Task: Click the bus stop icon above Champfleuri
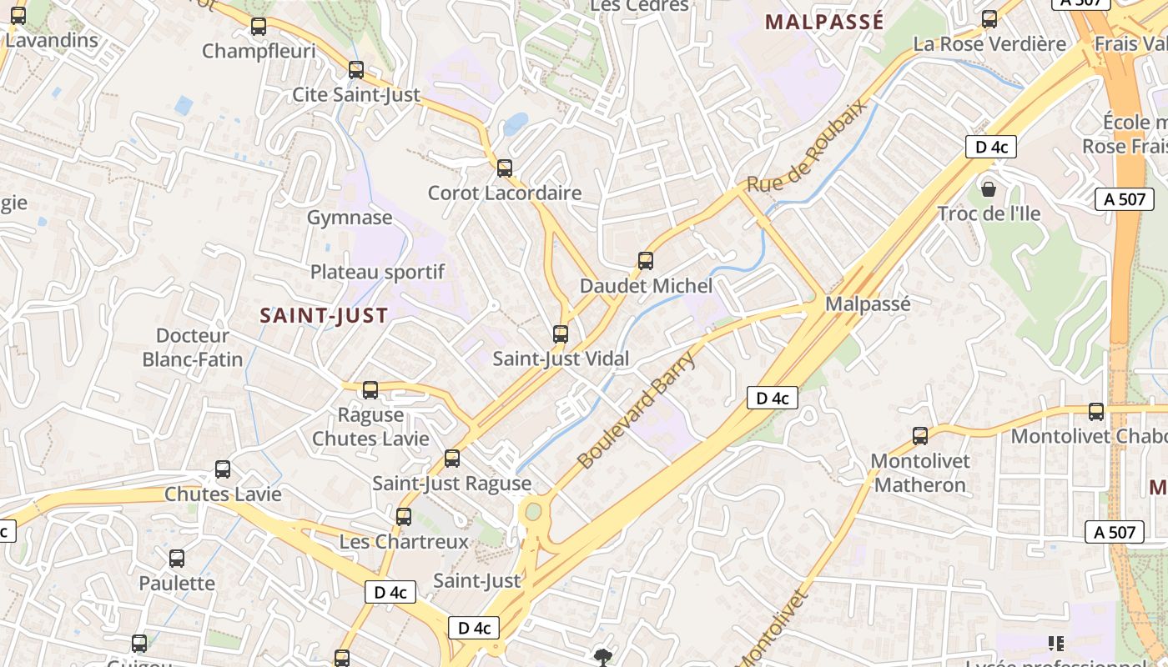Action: [x=259, y=27]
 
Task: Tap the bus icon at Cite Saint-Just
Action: [x=356, y=70]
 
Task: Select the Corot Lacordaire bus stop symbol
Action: [x=505, y=168]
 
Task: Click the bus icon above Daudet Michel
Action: [x=646, y=261]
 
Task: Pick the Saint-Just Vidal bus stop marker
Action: [x=561, y=334]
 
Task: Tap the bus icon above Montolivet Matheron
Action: [x=920, y=436]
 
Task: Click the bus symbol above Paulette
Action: [x=177, y=559]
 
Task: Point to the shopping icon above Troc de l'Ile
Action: [x=989, y=189]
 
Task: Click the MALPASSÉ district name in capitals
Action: [x=824, y=23]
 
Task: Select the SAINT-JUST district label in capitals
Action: [x=324, y=315]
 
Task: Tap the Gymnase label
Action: [x=350, y=218]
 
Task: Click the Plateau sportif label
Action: [x=377, y=272]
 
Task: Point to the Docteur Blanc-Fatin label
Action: [x=193, y=348]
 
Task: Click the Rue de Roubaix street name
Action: [x=807, y=147]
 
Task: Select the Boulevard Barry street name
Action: [x=636, y=410]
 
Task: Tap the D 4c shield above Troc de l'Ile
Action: [x=991, y=147]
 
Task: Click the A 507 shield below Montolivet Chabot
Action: [x=1115, y=532]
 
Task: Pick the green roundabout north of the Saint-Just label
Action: [x=532, y=511]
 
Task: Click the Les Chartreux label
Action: [x=404, y=541]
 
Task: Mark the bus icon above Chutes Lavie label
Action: [x=223, y=469]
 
